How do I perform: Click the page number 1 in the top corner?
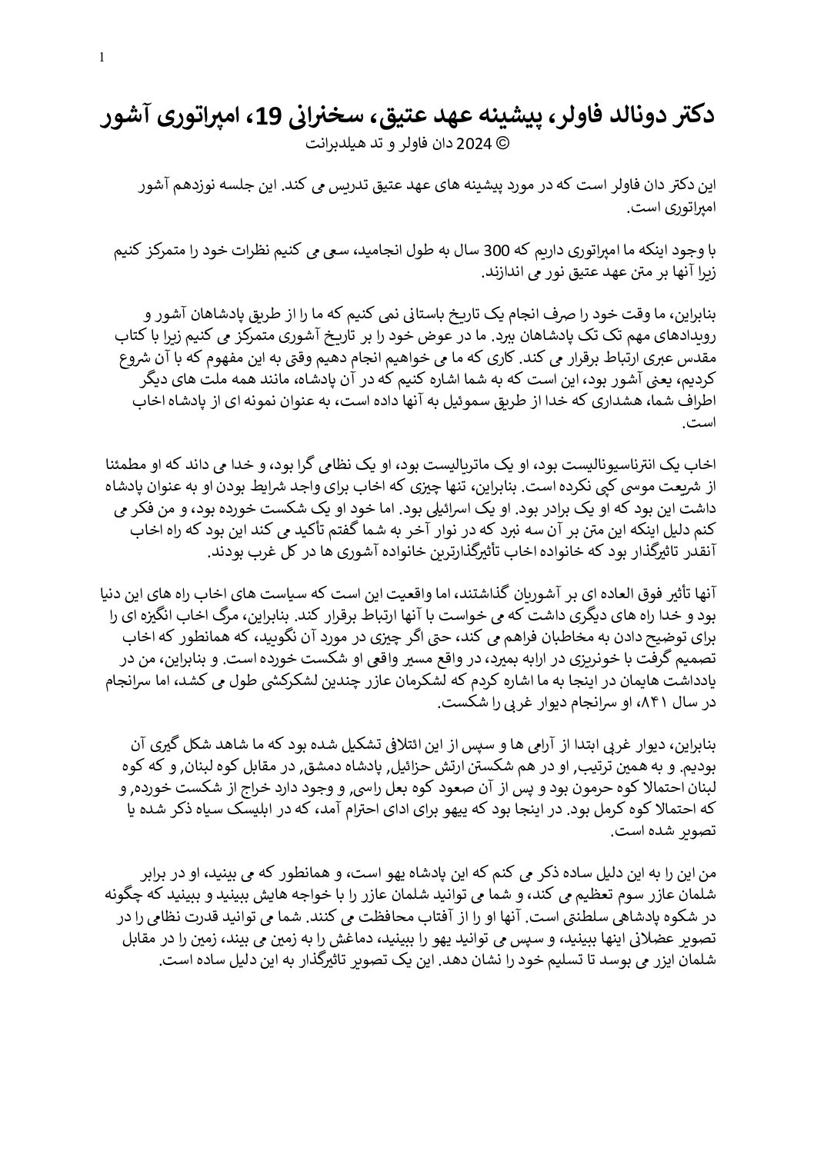pyautogui.click(x=102, y=58)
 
